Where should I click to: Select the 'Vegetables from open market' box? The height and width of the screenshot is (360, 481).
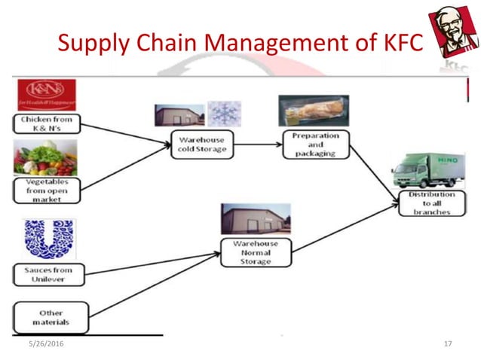pos(47,190)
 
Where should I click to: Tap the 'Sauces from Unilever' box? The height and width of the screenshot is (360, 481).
pos(51,273)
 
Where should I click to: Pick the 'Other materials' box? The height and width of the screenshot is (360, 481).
pos(51,318)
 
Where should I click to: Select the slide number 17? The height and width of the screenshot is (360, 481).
pos(448,344)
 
